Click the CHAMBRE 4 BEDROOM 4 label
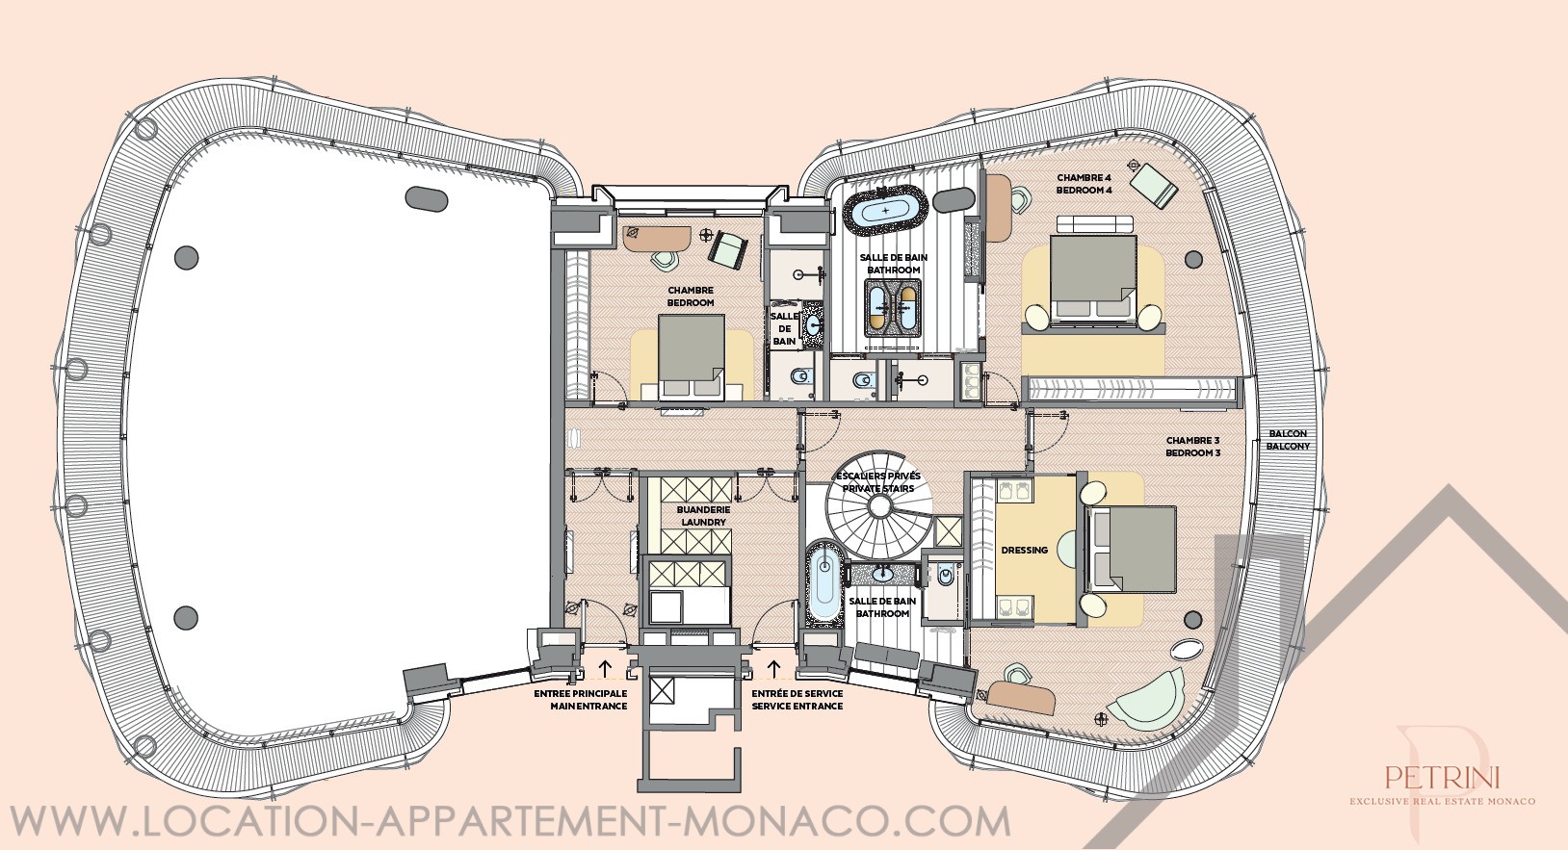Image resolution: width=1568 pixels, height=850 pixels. tap(1084, 184)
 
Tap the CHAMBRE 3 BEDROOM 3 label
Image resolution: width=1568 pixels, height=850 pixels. tap(1192, 447)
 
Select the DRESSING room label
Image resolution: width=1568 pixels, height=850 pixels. tap(1024, 550)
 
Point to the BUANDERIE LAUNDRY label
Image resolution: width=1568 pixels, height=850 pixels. tap(703, 516)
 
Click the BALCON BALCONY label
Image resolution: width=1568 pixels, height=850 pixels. tap(1288, 440)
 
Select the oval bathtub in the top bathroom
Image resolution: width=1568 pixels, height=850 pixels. tap(886, 209)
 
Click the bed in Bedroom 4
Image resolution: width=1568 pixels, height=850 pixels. tap(1093, 278)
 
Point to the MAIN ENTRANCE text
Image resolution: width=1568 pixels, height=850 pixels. tap(588, 707)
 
